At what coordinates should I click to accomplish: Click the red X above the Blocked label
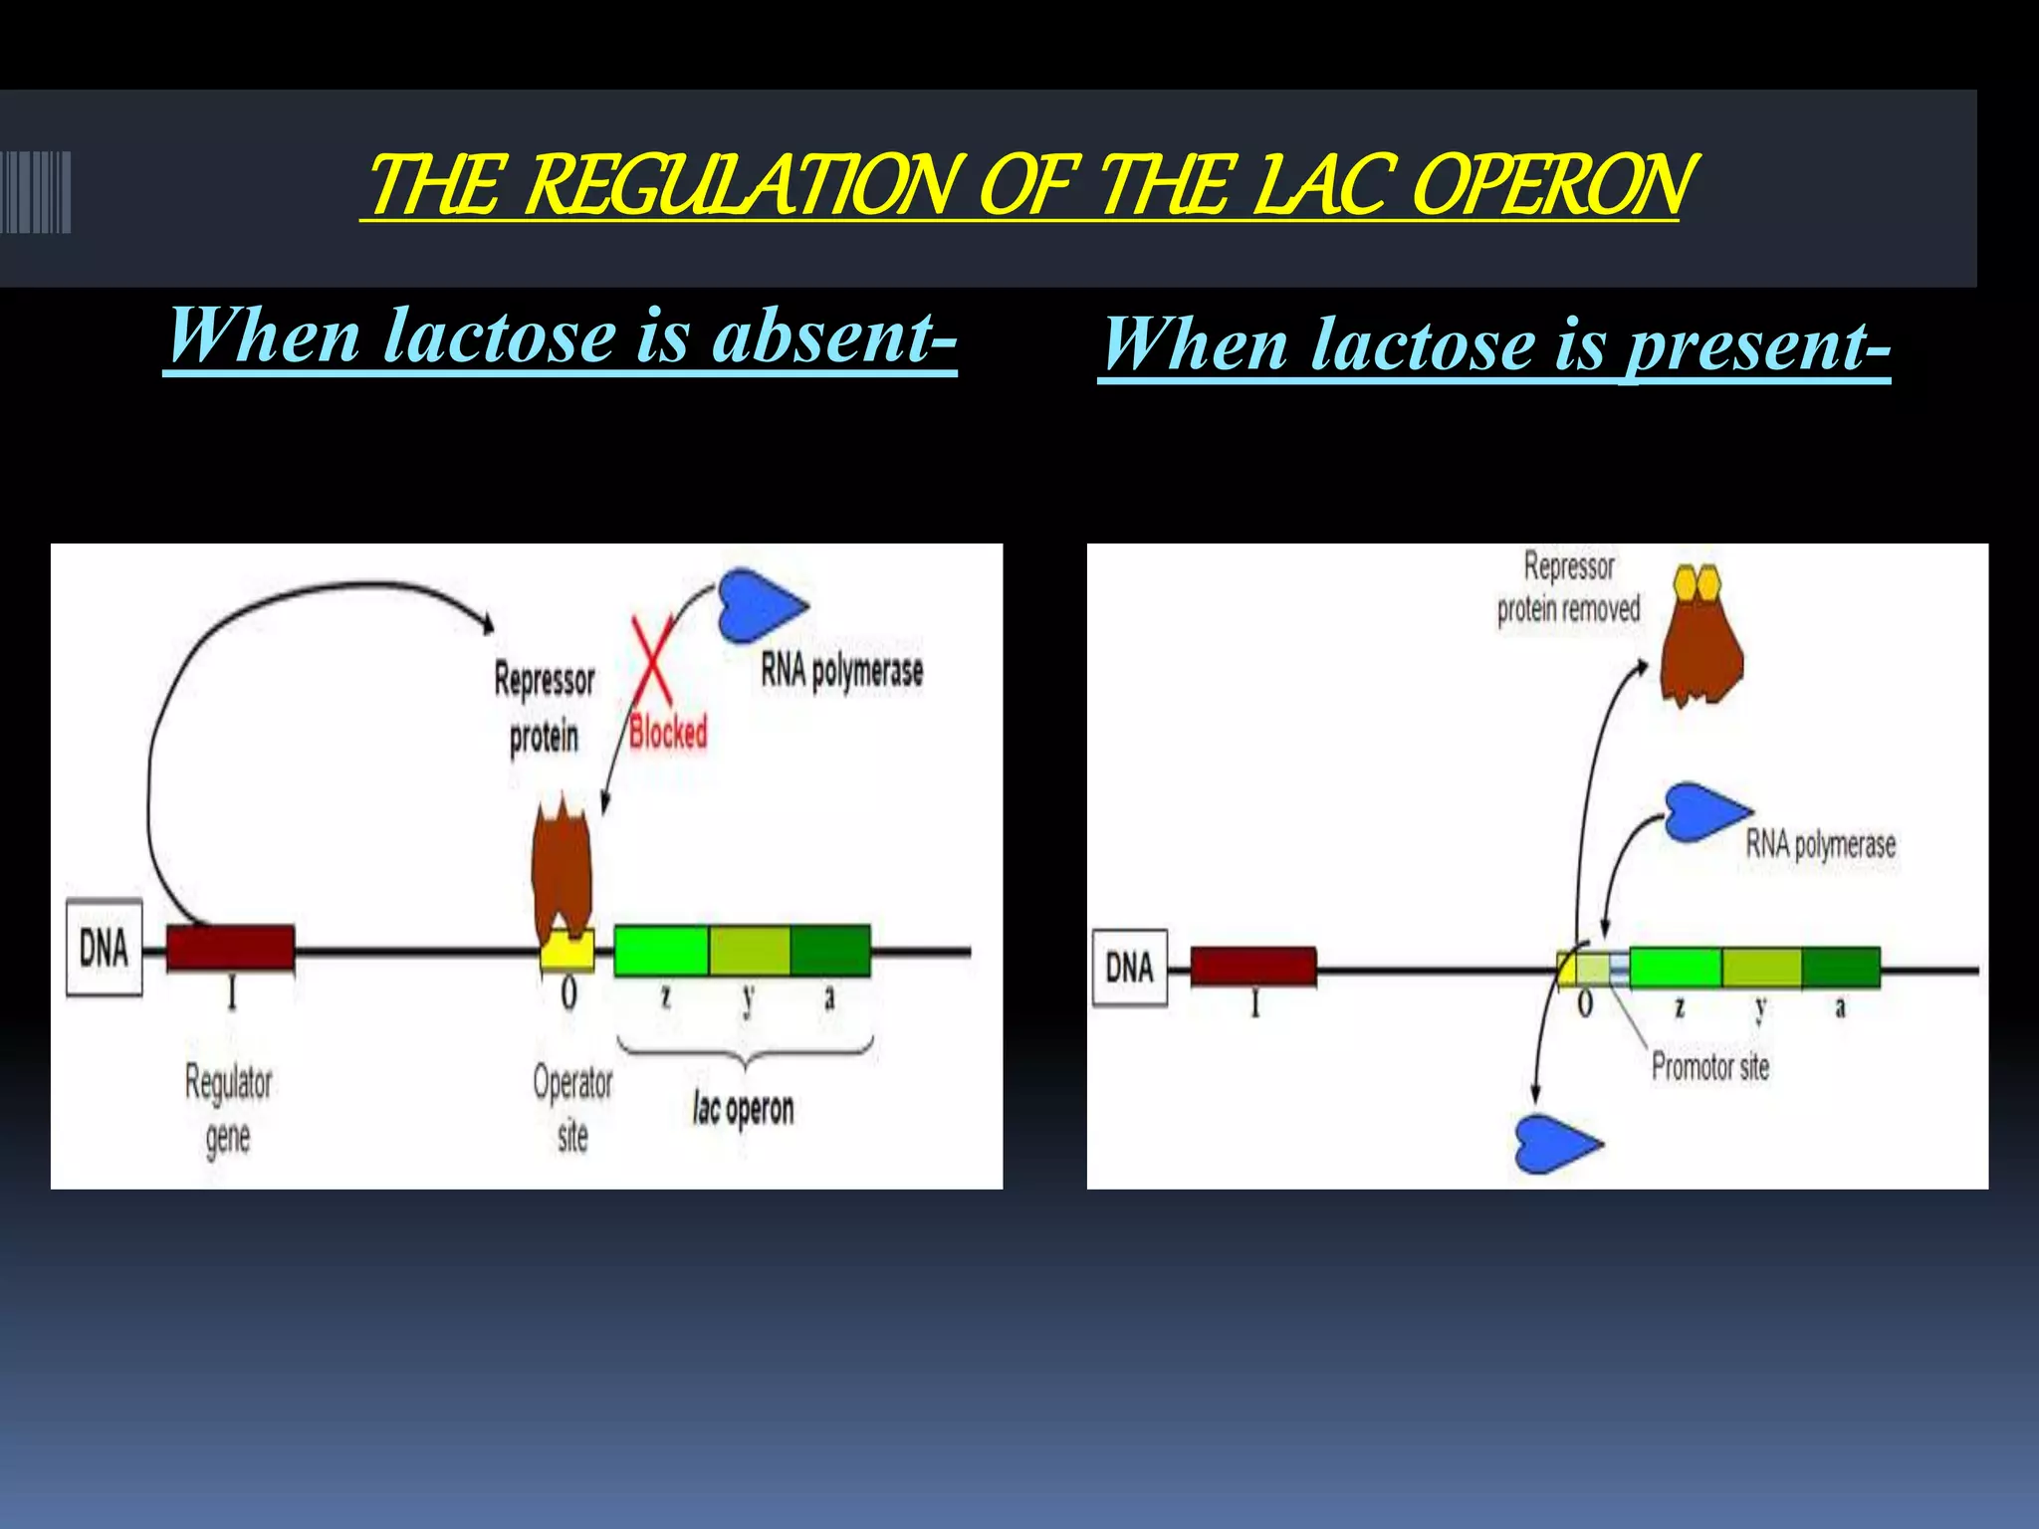click(x=652, y=660)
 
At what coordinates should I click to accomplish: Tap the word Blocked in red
click(x=668, y=734)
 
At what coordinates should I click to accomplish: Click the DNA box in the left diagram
click(x=105, y=948)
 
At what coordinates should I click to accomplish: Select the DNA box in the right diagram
click(x=1130, y=968)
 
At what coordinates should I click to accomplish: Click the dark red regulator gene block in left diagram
click(x=230, y=948)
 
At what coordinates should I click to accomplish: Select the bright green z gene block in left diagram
click(x=661, y=950)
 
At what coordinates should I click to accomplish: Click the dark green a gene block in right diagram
click(x=1840, y=968)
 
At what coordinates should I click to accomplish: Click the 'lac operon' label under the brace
click(x=744, y=1108)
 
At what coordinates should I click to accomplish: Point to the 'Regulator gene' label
click(x=228, y=1109)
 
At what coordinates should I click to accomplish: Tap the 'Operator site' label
click(x=572, y=1108)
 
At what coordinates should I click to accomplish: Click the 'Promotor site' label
click(x=1709, y=1067)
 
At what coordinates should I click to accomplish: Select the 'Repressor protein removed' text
click(x=1568, y=588)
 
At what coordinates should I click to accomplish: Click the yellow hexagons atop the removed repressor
click(x=1698, y=582)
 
